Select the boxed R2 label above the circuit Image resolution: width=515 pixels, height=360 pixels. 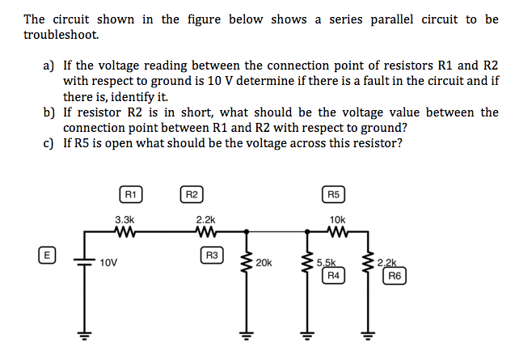[191, 194]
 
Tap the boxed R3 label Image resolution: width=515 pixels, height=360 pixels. [213, 256]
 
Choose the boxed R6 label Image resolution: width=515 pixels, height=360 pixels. [394, 276]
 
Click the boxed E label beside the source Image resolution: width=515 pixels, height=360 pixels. [48, 255]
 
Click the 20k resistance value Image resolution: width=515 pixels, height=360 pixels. [264, 263]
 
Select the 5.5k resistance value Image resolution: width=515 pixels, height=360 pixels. [327, 263]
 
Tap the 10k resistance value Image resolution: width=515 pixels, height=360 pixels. [337, 219]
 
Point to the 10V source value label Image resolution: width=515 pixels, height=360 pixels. [109, 263]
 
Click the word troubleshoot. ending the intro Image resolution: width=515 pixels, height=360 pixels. [61, 35]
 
